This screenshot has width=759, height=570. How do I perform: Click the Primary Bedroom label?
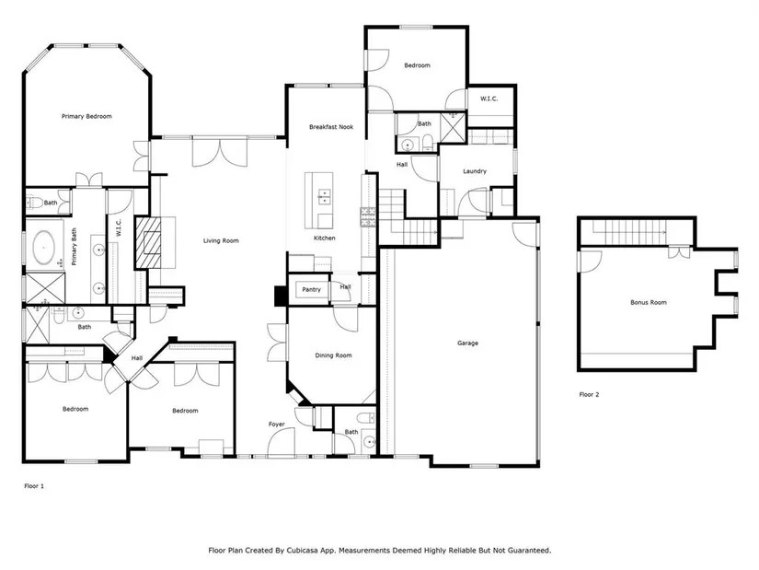[x=86, y=116]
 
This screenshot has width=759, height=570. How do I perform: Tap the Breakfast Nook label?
[x=331, y=127]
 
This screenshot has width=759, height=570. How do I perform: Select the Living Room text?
[x=221, y=240]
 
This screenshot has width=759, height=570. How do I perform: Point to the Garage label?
[x=467, y=343]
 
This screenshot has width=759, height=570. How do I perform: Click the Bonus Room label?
[x=649, y=302]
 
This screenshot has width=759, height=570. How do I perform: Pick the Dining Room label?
[x=333, y=355]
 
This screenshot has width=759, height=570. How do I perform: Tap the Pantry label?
[x=311, y=289]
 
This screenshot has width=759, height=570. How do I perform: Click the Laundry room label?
[x=475, y=171]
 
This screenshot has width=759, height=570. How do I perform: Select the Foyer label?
[x=276, y=425]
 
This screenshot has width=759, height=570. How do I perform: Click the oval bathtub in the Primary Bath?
[x=43, y=248]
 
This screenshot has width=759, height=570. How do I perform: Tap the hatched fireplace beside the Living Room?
[x=149, y=242]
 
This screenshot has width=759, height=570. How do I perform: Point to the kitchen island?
[x=319, y=200]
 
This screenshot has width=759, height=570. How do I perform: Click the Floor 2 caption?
[x=589, y=394]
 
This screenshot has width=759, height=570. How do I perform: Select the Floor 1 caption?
[x=34, y=485]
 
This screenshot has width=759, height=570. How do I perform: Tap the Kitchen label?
[x=325, y=238]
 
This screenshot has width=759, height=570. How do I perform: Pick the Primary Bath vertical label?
[x=75, y=247]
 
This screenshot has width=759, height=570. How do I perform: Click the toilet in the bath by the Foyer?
[x=366, y=418]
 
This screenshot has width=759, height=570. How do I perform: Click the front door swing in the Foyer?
[x=281, y=442]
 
